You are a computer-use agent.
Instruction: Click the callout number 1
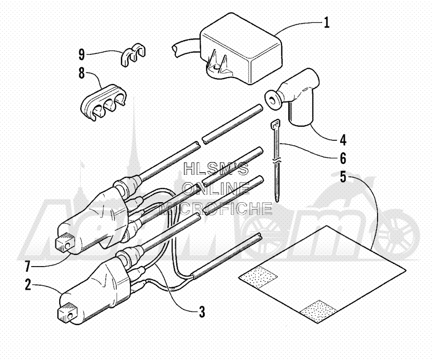tap(326, 23)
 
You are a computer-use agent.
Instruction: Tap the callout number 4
tap(342, 140)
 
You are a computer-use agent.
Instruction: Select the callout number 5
tap(342, 176)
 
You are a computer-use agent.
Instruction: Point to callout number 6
tap(342, 158)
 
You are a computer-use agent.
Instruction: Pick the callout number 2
tap(28, 285)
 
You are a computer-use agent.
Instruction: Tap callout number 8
tap(82, 73)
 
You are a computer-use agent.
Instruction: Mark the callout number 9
tap(82, 54)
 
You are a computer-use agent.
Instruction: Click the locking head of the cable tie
tap(276, 125)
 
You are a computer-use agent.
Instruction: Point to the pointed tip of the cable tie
tap(278, 201)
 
